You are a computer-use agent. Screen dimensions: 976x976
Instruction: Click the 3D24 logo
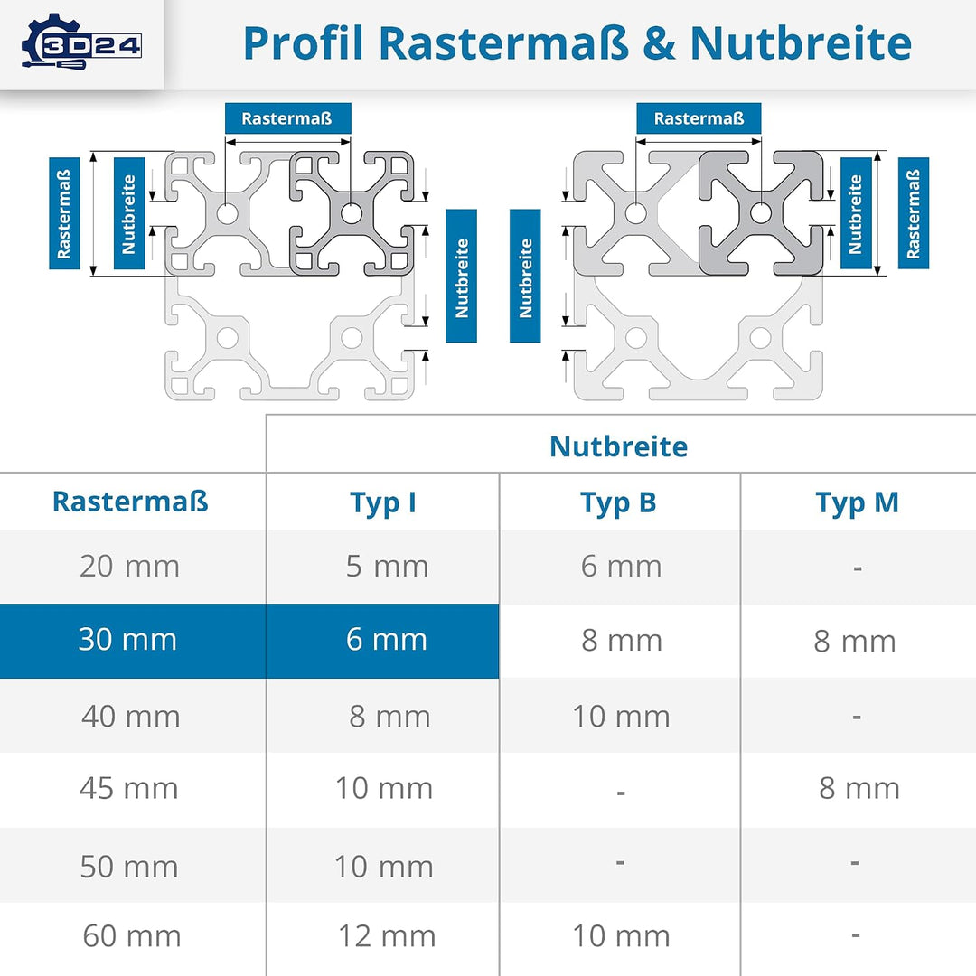pyautogui.click(x=81, y=42)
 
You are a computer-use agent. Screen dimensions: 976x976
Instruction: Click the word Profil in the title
pyautogui.click(x=303, y=43)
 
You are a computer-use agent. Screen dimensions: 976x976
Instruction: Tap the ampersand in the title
pyautogui.click(x=659, y=43)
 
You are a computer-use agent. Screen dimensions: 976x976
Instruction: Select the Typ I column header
pyautogui.click(x=383, y=503)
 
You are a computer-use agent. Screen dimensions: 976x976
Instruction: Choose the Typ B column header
pyautogui.click(x=619, y=503)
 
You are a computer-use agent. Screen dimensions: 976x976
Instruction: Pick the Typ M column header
pyautogui.click(x=857, y=503)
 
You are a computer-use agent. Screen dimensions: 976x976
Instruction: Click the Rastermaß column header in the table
pyautogui.click(x=130, y=502)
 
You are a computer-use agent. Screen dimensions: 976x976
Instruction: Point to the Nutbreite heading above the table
pyautogui.click(x=619, y=446)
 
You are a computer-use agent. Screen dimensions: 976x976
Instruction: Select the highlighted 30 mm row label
pyautogui.click(x=127, y=639)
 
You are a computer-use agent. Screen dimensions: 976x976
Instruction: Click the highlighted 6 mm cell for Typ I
pyautogui.click(x=387, y=639)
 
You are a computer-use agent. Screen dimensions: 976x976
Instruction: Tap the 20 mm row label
pyautogui.click(x=129, y=566)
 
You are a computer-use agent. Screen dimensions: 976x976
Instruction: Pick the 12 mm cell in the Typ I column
pyautogui.click(x=387, y=935)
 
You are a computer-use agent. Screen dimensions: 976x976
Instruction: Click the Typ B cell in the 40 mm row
pyautogui.click(x=621, y=716)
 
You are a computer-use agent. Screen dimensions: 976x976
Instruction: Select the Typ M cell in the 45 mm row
pyautogui.click(x=859, y=788)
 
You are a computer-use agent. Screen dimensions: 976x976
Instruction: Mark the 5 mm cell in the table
pyautogui.click(x=387, y=566)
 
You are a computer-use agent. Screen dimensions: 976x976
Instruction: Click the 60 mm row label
pyautogui.click(x=132, y=935)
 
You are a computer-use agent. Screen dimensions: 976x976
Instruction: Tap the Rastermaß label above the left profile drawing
pyautogui.click(x=287, y=118)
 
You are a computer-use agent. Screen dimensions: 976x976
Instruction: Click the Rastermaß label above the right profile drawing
pyautogui.click(x=699, y=118)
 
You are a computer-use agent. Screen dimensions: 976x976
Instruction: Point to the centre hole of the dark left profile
pyautogui.click(x=351, y=213)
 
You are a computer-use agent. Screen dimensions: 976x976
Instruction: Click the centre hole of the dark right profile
pyautogui.click(x=760, y=213)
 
